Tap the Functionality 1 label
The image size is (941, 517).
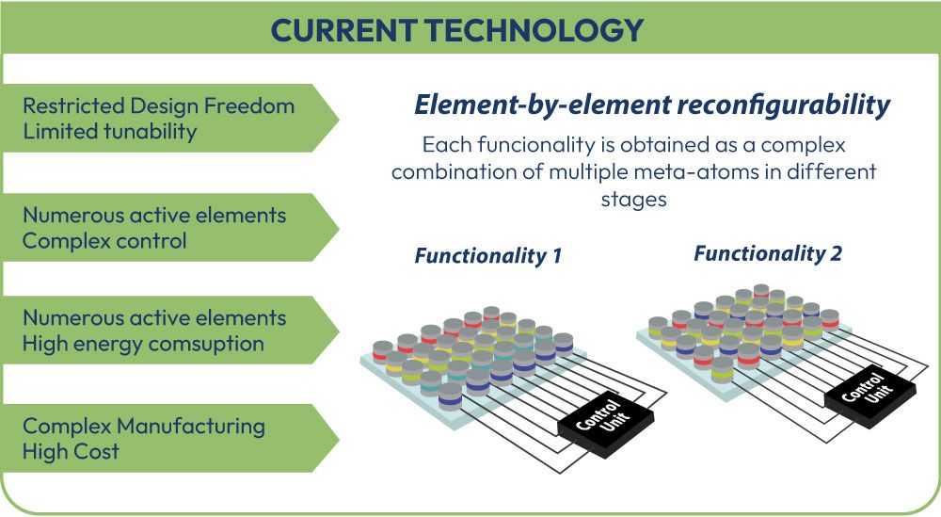click(488, 255)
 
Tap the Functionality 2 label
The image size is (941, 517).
click(768, 252)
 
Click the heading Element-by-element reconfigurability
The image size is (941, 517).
click(651, 105)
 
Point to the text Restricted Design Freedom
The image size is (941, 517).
click(158, 105)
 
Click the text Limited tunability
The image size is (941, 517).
click(110, 131)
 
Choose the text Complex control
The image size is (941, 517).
click(104, 240)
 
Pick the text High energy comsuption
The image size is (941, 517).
click(143, 344)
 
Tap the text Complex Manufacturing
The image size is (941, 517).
click(144, 426)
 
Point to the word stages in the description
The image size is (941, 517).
click(634, 199)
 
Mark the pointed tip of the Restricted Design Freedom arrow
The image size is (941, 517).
click(338, 118)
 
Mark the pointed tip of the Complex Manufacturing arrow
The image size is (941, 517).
click(338, 438)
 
